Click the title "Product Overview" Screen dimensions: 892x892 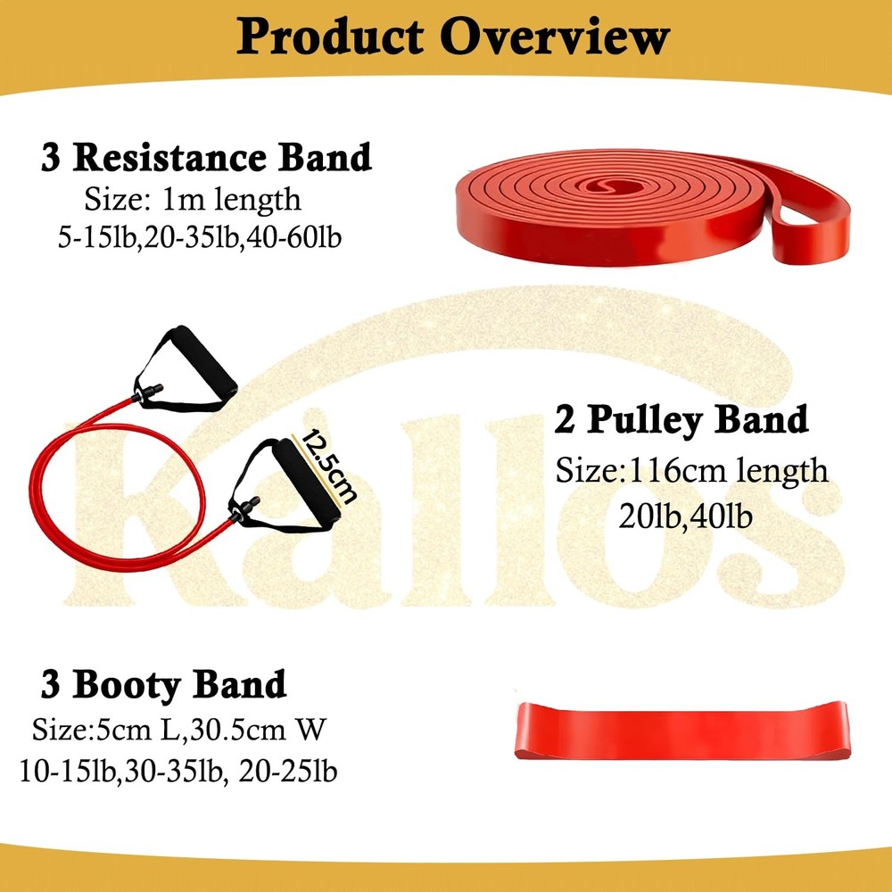click(x=452, y=37)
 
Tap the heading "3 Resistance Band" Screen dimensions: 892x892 click(x=206, y=157)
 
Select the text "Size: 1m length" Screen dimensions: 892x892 click(x=193, y=198)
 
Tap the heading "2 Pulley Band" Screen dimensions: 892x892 click(x=681, y=419)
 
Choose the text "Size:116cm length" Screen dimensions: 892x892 click(x=691, y=470)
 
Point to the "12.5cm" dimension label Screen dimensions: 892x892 click(x=326, y=464)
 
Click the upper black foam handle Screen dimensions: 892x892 click(x=201, y=366)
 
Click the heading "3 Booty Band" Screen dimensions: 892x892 click(x=163, y=685)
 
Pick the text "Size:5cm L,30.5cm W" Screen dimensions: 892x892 click(x=180, y=731)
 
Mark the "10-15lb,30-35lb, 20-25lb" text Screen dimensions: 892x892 click(x=178, y=770)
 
